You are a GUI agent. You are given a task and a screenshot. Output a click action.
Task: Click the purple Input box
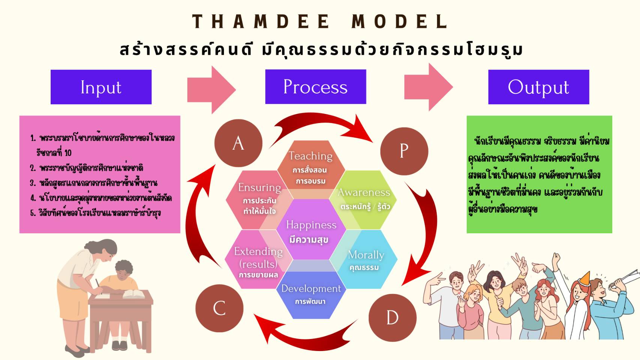pyautogui.click(x=101, y=87)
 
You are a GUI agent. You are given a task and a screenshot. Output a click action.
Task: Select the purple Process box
pyautogui.click(x=315, y=87)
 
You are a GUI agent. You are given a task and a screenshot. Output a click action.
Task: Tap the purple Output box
pyautogui.click(x=538, y=87)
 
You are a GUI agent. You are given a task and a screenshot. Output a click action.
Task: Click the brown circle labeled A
pyautogui.click(x=238, y=143)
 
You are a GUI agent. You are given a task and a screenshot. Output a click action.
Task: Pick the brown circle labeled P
pyautogui.click(x=404, y=151)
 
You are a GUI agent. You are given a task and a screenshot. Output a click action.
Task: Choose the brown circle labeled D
pyautogui.click(x=392, y=318)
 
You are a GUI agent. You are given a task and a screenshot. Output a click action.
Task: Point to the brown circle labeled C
pyautogui.click(x=219, y=308)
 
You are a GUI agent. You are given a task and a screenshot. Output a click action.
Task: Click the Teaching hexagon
pyautogui.click(x=311, y=165)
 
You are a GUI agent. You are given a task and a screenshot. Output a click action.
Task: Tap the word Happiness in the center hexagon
pyautogui.click(x=311, y=225)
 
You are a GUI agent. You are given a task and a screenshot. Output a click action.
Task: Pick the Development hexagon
pyautogui.click(x=311, y=295)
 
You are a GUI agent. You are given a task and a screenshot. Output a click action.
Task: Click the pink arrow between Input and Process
pyautogui.click(x=211, y=90)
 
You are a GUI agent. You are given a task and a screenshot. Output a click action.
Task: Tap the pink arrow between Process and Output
pyautogui.click(x=428, y=87)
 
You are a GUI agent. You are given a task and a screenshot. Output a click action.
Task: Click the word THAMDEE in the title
pyautogui.click(x=261, y=21)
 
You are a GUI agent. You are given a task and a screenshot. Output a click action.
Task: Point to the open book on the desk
pyautogui.click(x=134, y=294)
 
